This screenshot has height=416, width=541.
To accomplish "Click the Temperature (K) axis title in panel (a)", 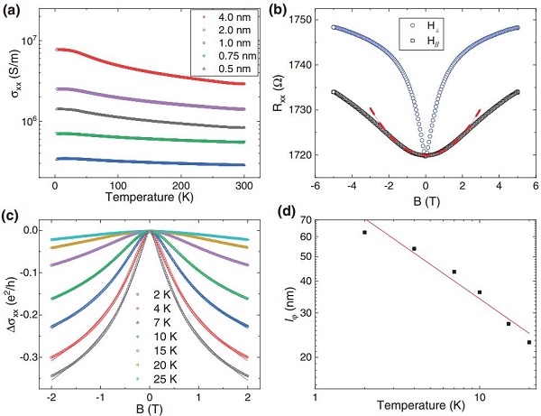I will (x=153, y=197).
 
